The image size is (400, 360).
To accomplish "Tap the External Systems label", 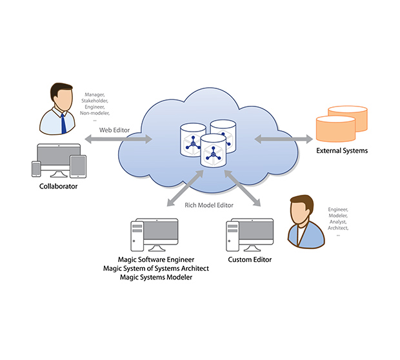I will [x=342, y=151].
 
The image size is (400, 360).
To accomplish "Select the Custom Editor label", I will [x=250, y=259].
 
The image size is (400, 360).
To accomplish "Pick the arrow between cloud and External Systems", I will [x=283, y=139].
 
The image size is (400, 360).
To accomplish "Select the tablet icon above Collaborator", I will [x=78, y=166].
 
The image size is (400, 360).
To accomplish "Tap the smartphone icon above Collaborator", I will [x=36, y=168].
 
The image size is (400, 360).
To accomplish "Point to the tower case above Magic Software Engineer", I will [x=136, y=235].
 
